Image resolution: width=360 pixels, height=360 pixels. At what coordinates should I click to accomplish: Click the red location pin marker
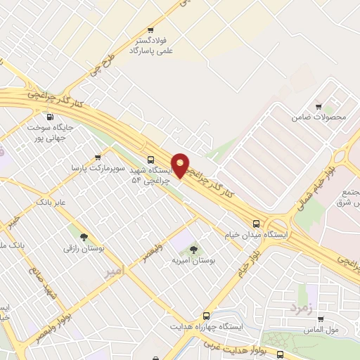tap(181, 165)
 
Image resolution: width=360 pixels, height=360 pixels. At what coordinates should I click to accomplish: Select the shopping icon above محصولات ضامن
tap(319, 105)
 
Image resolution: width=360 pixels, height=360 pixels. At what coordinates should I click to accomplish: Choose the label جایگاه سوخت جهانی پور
tap(49, 132)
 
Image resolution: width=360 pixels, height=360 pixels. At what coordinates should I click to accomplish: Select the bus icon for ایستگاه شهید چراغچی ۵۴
tap(150, 160)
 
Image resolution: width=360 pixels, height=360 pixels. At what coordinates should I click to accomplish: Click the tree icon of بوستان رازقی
tap(84, 237)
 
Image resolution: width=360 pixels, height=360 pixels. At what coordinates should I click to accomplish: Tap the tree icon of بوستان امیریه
tap(193, 249)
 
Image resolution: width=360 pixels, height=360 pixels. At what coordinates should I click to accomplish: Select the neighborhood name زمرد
tap(299, 307)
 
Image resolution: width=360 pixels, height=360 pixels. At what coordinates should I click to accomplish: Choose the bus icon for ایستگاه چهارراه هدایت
tap(206, 316)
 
